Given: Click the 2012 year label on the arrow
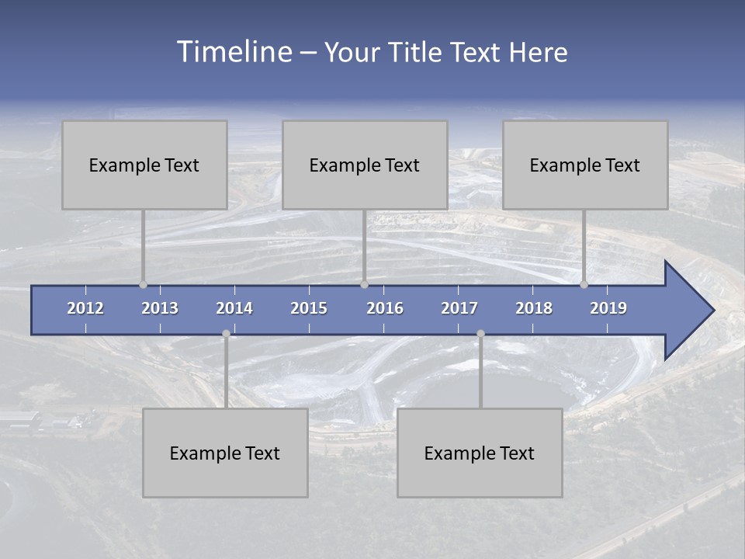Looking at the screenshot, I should coord(85,308).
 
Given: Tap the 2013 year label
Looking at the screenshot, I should coord(160,308).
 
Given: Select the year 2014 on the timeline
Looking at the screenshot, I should coord(234,308).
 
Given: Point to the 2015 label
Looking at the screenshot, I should coord(309,308).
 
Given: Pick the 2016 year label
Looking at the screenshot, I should coord(385,308).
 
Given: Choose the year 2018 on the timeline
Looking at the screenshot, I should coord(534,308).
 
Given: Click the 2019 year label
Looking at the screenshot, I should coord(608,308).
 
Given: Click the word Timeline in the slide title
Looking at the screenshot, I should coord(234,52).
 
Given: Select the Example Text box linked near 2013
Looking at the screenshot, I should coord(144,165).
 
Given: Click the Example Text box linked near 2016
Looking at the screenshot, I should coord(365,165).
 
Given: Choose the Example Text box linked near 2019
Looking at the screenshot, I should coord(585,165).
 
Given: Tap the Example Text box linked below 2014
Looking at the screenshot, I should coord(225,453).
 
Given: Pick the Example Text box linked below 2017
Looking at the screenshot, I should coord(480,453).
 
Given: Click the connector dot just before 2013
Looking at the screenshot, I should coord(143,285).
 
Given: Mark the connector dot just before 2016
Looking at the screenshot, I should coord(364,285).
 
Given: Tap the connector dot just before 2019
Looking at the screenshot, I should coord(584,285).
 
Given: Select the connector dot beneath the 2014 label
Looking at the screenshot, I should coord(226,334).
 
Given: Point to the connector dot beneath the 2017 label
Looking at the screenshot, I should coord(480,334).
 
